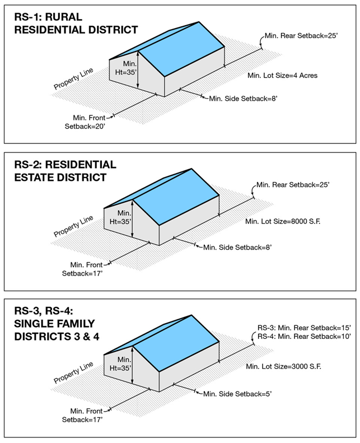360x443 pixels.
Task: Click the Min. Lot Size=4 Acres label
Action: [x=282, y=76]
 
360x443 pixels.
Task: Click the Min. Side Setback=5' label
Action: [x=237, y=394]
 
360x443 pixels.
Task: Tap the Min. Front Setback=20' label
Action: [x=86, y=123]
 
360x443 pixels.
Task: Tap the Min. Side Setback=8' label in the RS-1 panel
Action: [x=243, y=99]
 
